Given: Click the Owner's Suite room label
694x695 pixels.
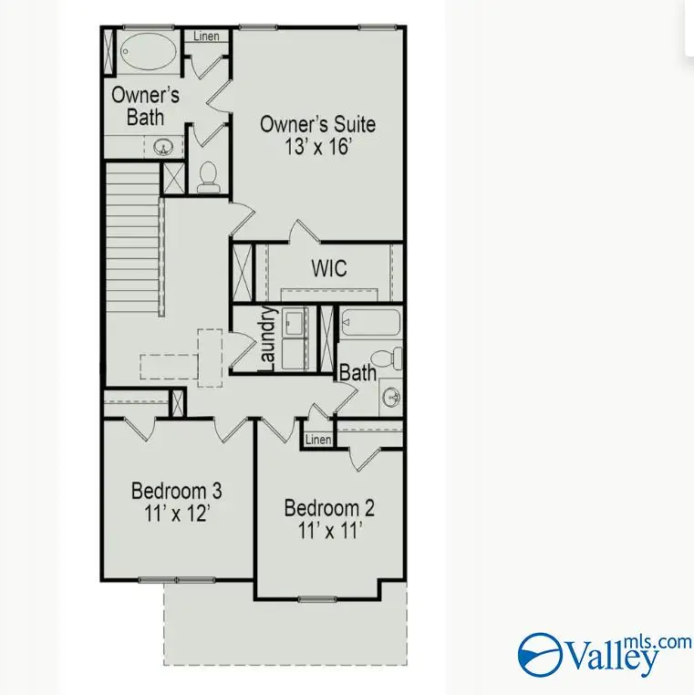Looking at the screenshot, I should click(317, 124).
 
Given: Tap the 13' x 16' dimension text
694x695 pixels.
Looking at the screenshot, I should click(317, 147).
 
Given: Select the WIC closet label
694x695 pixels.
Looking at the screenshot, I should click(328, 270).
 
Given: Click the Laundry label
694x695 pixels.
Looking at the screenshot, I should click(267, 339).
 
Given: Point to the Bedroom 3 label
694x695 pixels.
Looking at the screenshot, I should click(176, 490).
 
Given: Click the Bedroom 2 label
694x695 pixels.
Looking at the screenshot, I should click(328, 507).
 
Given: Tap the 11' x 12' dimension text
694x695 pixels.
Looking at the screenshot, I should click(176, 513).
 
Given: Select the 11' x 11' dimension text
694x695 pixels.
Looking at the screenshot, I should click(328, 530).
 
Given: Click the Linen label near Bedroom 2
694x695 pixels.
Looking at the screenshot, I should click(317, 440).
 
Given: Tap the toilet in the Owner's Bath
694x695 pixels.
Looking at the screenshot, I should click(209, 177).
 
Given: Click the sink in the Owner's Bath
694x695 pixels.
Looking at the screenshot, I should click(164, 146).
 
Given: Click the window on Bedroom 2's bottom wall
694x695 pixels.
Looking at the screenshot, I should click(316, 599).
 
